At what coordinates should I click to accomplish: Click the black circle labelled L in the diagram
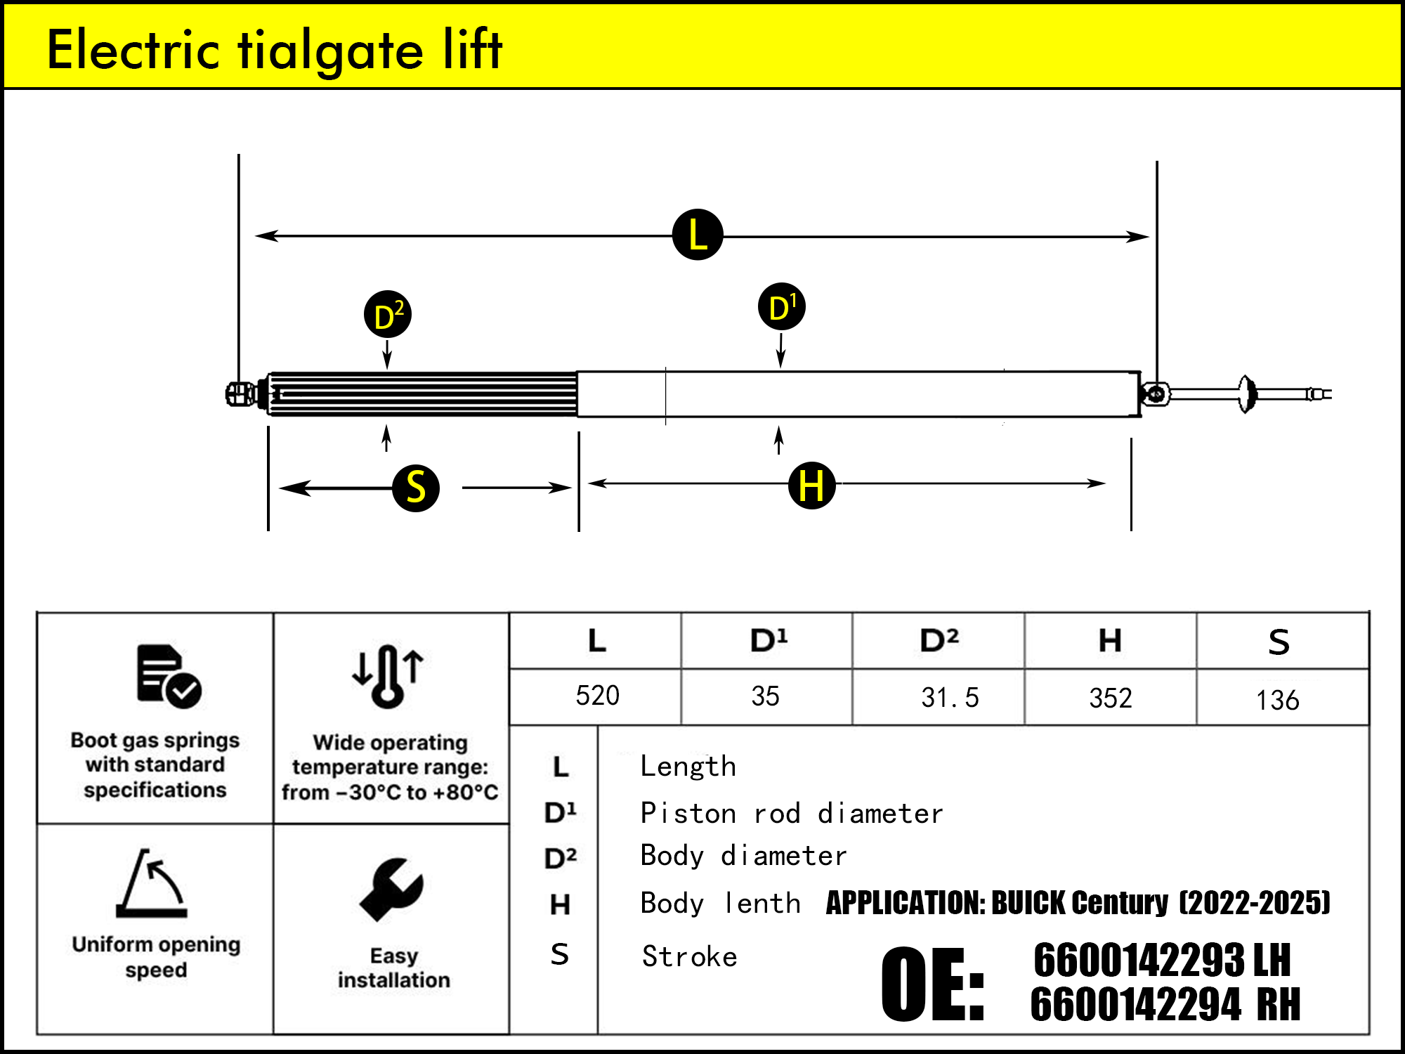click(698, 235)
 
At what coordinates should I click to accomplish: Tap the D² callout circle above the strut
click(388, 315)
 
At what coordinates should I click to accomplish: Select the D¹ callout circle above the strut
click(782, 307)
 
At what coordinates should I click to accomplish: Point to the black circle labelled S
click(416, 488)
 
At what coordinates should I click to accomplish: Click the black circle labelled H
click(811, 486)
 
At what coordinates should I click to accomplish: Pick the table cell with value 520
click(597, 696)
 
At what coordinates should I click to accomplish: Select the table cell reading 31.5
click(949, 698)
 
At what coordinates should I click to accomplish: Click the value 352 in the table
click(1111, 698)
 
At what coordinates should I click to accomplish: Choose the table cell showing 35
click(765, 696)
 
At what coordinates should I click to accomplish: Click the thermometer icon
click(388, 676)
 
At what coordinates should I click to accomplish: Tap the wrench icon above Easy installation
click(391, 890)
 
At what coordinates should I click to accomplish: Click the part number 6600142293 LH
click(1162, 961)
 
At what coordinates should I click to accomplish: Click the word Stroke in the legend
click(689, 957)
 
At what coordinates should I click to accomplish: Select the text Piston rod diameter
click(791, 814)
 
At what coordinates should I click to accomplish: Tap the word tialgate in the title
click(331, 51)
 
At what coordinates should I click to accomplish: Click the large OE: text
click(933, 984)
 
